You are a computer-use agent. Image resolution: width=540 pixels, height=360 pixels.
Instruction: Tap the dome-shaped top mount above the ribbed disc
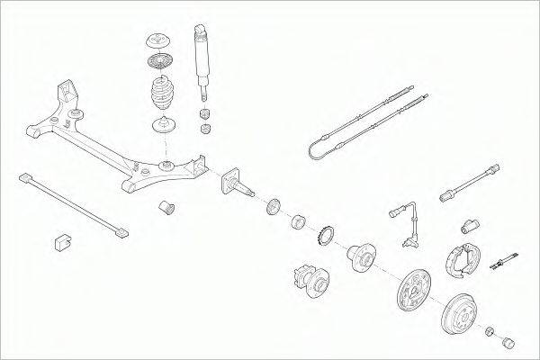pos(158,42)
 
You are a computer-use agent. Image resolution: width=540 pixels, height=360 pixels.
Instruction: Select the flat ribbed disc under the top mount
pos(158,66)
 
